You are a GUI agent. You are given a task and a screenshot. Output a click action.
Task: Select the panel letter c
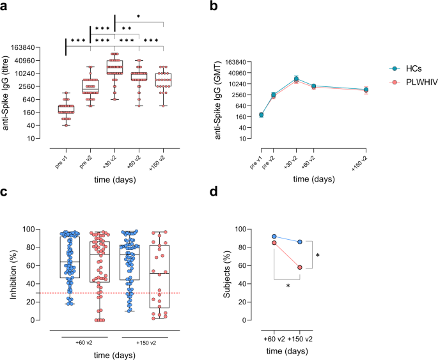coord(5,191)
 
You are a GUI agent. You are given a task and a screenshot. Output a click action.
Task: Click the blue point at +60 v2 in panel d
coord(274,237)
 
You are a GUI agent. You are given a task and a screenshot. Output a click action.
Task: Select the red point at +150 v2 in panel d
coord(299,267)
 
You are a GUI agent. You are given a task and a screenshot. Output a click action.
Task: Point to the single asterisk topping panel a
coord(139,17)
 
